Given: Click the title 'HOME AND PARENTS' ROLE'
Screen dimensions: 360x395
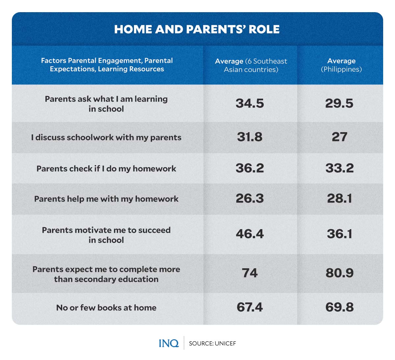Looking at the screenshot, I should [197, 29].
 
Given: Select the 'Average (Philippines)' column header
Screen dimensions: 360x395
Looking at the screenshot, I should [341, 65].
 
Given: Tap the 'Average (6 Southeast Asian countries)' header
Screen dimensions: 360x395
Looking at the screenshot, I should [251, 65].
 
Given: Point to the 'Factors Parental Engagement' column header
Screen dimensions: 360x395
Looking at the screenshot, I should [107, 65].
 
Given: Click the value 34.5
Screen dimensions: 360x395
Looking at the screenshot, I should [250, 104].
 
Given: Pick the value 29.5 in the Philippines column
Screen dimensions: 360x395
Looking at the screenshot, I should [339, 104].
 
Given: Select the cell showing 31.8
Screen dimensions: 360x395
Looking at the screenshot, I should [250, 137].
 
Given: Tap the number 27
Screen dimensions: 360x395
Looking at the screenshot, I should [339, 137].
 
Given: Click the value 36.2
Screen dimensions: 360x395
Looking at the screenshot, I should [250, 168].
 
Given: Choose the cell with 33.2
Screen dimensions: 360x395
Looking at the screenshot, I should [339, 168].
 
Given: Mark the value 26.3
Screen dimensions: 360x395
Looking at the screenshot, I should [250, 199].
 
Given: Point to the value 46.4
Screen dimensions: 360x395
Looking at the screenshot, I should [250, 234].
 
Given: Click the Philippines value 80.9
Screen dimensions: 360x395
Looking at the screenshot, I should [339, 273].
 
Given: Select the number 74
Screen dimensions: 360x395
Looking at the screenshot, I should [250, 273].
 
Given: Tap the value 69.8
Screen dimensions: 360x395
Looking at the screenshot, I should [339, 307].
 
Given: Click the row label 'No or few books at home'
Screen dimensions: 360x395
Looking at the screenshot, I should [106, 308].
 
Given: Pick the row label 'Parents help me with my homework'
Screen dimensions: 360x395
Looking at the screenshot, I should [106, 199].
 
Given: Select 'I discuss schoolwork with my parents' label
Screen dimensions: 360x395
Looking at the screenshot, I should [106, 137].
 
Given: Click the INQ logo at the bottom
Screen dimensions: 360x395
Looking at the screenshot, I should [169, 343].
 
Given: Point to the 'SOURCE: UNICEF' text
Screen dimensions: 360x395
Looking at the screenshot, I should [212, 344].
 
